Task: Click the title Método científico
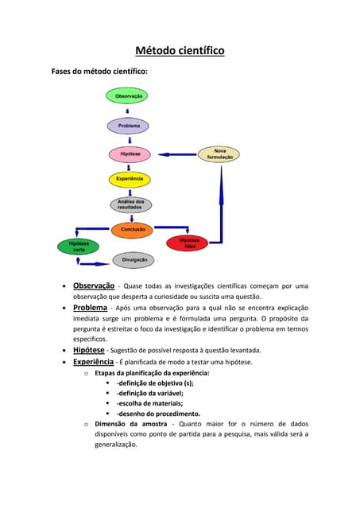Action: pyautogui.click(x=180, y=51)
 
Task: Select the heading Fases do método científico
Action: pyautogui.click(x=99, y=71)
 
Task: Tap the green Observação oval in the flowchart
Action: pyautogui.click(x=129, y=96)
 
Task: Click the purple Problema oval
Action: pyautogui.click(x=129, y=126)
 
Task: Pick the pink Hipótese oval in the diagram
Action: pyautogui.click(x=129, y=153)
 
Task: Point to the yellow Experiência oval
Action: pyautogui.click(x=129, y=179)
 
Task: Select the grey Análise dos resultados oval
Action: pyautogui.click(x=130, y=204)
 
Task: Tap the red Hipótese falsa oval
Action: pyautogui.click(x=188, y=243)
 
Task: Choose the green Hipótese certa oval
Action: pyautogui.click(x=79, y=247)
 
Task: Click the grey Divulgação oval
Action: pyautogui.click(x=134, y=260)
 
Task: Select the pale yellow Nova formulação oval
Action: pyautogui.click(x=219, y=154)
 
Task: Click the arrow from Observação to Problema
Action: pyautogui.click(x=129, y=111)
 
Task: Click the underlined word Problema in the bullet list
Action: pyautogui.click(x=90, y=307)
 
